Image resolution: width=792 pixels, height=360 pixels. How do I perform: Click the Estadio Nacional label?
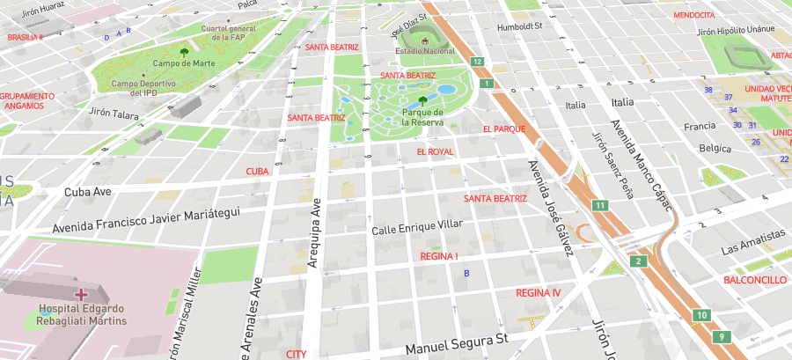coord(425,51)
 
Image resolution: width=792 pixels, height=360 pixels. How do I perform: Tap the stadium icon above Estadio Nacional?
coord(425,39)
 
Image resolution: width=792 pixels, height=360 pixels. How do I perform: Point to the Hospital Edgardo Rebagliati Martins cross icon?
coord(81,293)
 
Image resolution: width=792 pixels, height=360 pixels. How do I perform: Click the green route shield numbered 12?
coord(476,62)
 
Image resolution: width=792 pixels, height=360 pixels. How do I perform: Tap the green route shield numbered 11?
coord(600,205)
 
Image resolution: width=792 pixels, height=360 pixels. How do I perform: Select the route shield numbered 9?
coord(722,336)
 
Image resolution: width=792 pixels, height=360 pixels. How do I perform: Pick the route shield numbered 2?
coord(638,261)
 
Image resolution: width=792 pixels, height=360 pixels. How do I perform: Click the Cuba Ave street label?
coord(88,191)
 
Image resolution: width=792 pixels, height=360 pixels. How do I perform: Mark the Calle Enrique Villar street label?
coord(417,229)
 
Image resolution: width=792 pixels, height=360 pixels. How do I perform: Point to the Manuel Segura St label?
coord(457,338)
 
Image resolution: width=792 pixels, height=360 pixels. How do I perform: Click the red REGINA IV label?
coord(538,292)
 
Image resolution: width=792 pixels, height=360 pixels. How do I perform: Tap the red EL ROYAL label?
coord(435,152)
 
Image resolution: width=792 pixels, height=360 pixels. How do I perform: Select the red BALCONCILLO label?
coord(754,280)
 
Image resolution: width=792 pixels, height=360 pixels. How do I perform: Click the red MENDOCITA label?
coord(693,15)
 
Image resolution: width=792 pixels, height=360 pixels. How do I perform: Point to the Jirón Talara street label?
coord(114,114)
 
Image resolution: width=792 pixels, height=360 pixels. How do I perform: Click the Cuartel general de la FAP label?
coord(228,33)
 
